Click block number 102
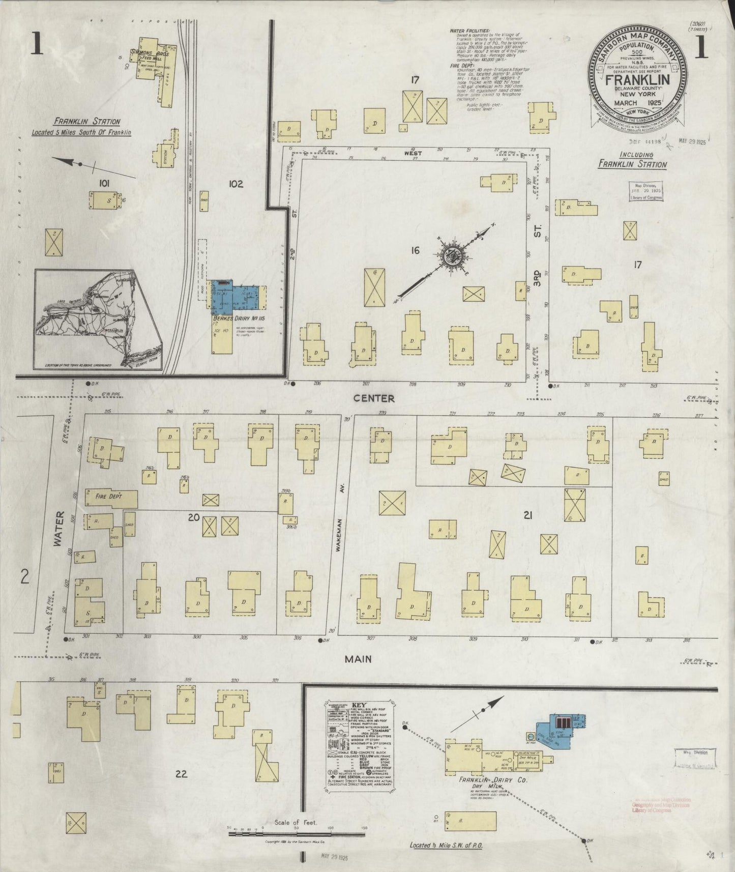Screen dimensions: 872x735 (236, 184)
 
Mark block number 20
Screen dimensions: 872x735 (193, 517)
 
